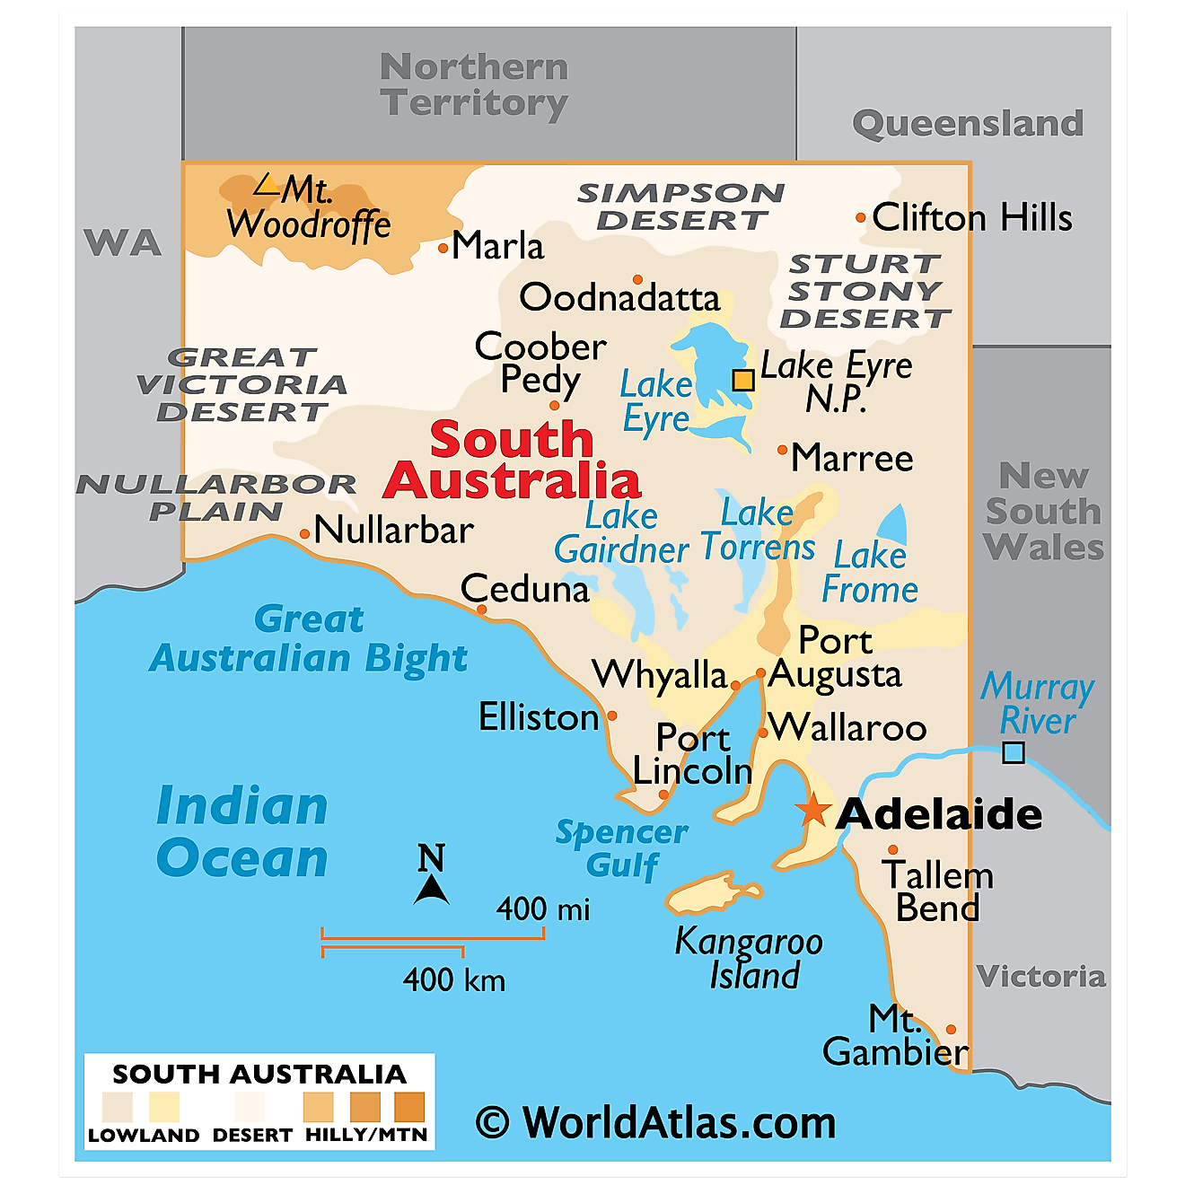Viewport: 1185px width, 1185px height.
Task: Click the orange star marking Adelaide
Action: click(813, 809)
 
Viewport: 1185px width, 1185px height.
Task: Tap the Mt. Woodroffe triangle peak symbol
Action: click(266, 185)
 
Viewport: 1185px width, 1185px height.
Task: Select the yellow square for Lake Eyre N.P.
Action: click(743, 380)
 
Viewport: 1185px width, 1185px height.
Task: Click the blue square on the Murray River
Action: click(1013, 752)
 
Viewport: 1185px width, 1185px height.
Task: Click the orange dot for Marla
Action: click(443, 249)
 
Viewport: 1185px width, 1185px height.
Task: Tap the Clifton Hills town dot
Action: click(860, 217)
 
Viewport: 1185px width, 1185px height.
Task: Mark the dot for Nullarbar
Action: click(305, 534)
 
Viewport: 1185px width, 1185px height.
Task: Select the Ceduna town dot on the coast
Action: click(482, 610)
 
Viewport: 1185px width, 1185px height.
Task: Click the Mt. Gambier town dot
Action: click(951, 1030)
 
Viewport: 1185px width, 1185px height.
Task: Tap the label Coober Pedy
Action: click(540, 363)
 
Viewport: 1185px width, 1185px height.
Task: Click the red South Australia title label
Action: click(512, 461)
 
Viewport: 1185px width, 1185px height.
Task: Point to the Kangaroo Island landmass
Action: click(714, 893)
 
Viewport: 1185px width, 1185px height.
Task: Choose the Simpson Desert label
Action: click(681, 206)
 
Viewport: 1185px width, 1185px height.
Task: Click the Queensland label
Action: click(968, 123)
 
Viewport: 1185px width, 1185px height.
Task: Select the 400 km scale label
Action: click(453, 979)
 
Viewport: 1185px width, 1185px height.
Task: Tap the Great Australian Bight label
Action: click(309, 638)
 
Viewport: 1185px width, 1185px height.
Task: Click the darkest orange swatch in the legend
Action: click(409, 1107)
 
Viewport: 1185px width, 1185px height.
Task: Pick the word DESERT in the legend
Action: click(252, 1136)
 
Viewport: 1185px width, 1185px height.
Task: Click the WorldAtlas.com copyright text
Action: click(656, 1122)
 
